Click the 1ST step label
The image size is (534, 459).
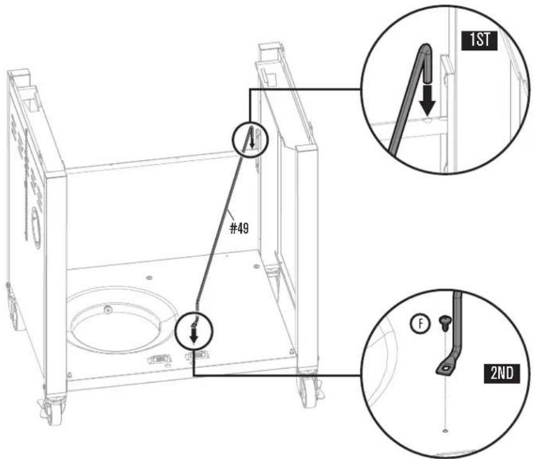(479, 41)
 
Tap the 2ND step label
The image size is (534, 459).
(502, 373)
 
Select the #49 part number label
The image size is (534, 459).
(240, 228)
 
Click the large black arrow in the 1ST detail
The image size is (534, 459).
(427, 100)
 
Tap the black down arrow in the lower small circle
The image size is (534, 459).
(194, 336)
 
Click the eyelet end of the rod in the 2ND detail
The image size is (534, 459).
(445, 369)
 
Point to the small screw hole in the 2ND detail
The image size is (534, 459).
(445, 431)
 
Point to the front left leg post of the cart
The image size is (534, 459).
(56, 283)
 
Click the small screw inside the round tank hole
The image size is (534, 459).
(108, 310)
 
